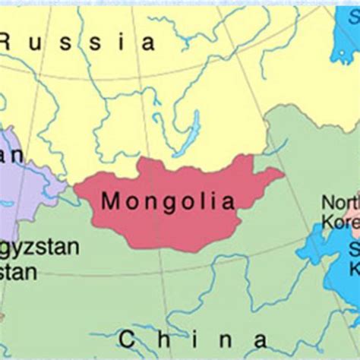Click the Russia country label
pos(80,42)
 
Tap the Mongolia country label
pos(166,201)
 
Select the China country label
pos(193,339)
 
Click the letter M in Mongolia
pos(109,201)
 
